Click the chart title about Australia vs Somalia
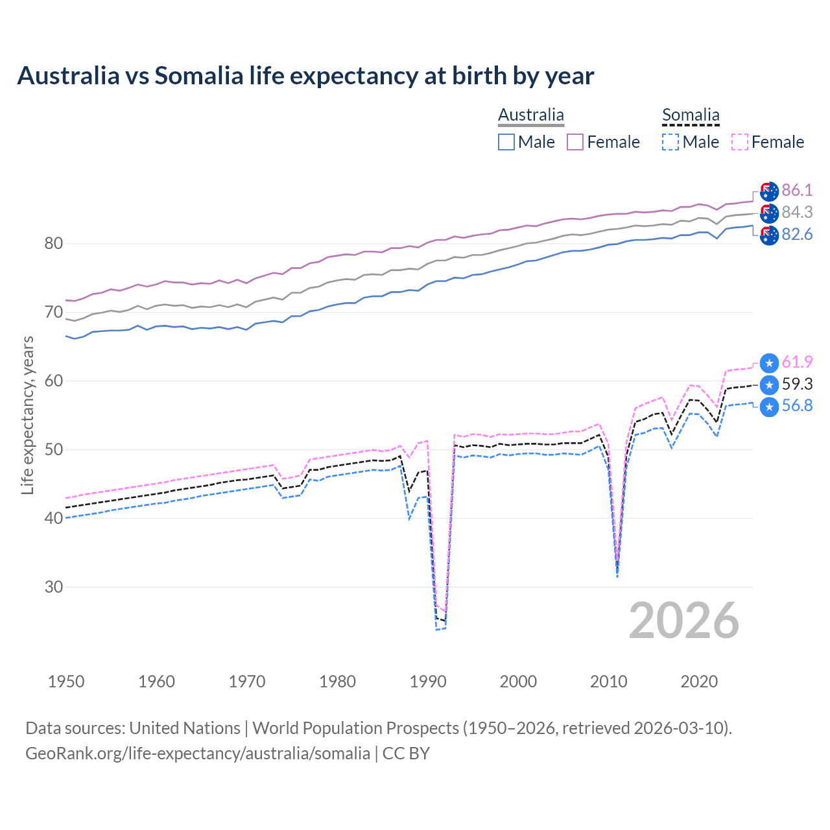click(305, 76)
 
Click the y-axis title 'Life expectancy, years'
click(27, 415)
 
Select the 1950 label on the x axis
click(66, 682)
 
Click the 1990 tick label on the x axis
click(428, 682)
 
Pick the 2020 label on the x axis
click(699, 682)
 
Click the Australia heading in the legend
click(531, 115)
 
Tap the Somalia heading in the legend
click(691, 115)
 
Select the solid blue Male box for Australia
click(506, 142)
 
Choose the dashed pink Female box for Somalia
click(740, 142)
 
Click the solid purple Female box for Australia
click(575, 142)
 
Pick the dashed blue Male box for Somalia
click(670, 142)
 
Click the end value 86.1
click(797, 190)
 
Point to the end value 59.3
click(797, 384)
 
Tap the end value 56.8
click(797, 406)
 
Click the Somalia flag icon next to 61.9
click(769, 363)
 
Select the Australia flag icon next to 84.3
click(769, 213)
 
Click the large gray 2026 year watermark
click(684, 621)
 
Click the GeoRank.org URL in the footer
click(198, 753)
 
